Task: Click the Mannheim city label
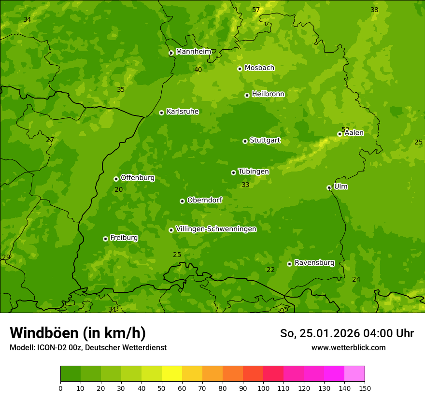pyautogui.click(x=193, y=52)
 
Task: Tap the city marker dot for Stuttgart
pyautogui.click(x=245, y=141)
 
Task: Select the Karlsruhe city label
pyautogui.click(x=182, y=112)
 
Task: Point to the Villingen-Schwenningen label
pyautogui.click(x=216, y=229)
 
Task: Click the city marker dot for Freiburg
pyautogui.click(x=105, y=239)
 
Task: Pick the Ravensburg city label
pyautogui.click(x=314, y=263)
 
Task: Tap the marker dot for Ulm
pyautogui.click(x=329, y=187)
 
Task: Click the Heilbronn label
pyautogui.click(x=268, y=94)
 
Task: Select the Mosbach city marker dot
pyautogui.click(x=240, y=69)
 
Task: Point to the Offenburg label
pyautogui.click(x=138, y=178)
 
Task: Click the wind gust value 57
pyautogui.click(x=256, y=10)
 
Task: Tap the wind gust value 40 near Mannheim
pyautogui.click(x=198, y=70)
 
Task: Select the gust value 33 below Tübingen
pyautogui.click(x=245, y=185)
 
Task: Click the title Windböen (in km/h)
pyautogui.click(x=78, y=333)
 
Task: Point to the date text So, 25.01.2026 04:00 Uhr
pyautogui.click(x=347, y=333)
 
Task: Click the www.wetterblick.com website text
pyautogui.click(x=348, y=347)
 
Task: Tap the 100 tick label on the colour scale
pyautogui.click(x=263, y=388)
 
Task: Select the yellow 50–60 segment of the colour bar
pyautogui.click(x=172, y=374)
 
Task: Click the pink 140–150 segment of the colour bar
pyautogui.click(x=354, y=374)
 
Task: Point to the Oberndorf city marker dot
pyautogui.click(x=182, y=201)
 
